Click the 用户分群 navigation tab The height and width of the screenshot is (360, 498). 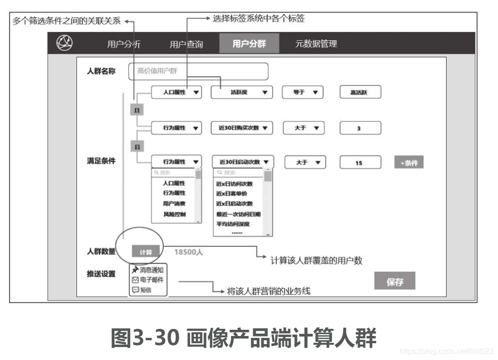tap(249, 44)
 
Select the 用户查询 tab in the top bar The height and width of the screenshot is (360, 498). tap(186, 45)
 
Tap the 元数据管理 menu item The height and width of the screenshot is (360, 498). tap(316, 44)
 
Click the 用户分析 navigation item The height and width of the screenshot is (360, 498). tap(124, 45)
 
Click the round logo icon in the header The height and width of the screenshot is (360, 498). tap(64, 43)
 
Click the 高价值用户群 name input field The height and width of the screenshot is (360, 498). tap(198, 72)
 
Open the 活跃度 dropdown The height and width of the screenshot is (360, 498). tap(242, 93)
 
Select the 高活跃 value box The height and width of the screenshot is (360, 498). tap(360, 93)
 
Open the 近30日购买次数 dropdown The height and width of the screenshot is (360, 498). tap(242, 128)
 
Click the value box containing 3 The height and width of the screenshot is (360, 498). tap(360, 128)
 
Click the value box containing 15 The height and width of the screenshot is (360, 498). tap(360, 163)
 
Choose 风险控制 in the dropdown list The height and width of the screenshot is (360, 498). tap(174, 214)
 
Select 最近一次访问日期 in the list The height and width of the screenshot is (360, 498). tap(238, 214)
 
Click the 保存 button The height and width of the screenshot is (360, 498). tap(394, 282)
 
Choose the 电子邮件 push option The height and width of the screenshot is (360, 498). tap(148, 280)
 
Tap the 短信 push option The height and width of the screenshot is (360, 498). tap(145, 289)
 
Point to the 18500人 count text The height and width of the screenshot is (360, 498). tap(188, 252)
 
